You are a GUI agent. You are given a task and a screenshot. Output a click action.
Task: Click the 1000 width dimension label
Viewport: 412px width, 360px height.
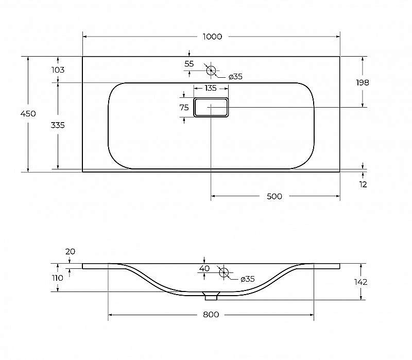(212, 37)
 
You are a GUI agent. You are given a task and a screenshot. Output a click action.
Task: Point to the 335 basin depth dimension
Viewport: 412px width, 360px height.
(58, 125)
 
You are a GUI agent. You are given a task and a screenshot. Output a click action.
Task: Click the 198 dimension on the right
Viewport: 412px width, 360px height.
(363, 82)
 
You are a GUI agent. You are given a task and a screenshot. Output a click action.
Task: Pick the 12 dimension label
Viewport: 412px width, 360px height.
(363, 184)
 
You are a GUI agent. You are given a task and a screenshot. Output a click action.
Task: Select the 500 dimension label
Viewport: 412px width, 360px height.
(275, 196)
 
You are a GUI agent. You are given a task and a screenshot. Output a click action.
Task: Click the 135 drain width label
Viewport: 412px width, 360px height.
(211, 88)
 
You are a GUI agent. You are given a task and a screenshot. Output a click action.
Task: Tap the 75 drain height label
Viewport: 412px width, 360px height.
(184, 108)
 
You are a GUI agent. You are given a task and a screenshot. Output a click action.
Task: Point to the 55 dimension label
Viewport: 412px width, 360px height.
(189, 64)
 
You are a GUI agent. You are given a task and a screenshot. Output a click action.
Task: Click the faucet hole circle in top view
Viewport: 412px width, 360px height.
(211, 70)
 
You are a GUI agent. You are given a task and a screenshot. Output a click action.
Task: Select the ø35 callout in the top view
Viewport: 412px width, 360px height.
(235, 77)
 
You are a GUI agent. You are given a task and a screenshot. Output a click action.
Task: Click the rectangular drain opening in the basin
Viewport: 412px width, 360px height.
(211, 107)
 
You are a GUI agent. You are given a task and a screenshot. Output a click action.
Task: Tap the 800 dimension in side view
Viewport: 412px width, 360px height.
(211, 314)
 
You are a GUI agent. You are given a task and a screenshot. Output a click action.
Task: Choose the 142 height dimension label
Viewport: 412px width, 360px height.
(361, 282)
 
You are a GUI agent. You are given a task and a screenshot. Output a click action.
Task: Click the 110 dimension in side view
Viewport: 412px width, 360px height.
(57, 278)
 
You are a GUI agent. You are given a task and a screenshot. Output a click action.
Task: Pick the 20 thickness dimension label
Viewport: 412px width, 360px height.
(71, 252)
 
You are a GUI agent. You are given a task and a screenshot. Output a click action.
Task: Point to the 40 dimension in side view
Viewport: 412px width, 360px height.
(204, 268)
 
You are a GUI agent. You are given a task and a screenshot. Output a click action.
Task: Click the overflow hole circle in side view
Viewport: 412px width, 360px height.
(224, 272)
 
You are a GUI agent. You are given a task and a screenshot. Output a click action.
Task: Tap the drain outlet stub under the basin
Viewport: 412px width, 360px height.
(211, 296)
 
